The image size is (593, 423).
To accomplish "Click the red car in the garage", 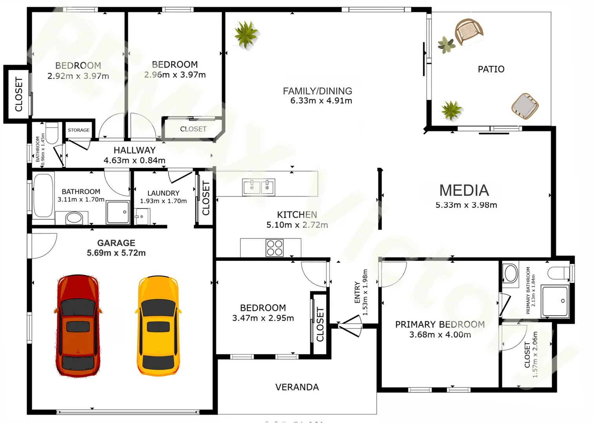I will tap(78, 326).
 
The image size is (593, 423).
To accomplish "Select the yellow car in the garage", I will tap(158, 326).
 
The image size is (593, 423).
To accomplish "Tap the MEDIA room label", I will tap(464, 190).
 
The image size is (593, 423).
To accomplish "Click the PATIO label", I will tap(491, 69).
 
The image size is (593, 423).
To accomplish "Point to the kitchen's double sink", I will tap(259, 187).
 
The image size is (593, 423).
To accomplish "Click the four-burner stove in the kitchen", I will tap(275, 248).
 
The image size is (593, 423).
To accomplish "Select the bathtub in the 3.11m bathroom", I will tap(43, 195).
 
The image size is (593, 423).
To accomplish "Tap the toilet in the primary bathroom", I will tap(558, 273).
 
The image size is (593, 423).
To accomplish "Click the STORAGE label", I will tap(79, 130).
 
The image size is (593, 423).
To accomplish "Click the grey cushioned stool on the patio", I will tap(525, 105).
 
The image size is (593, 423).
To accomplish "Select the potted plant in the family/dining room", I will tap(246, 34).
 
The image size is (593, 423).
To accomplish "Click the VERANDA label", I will tap(297, 387).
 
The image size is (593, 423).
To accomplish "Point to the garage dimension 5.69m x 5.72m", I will tap(116, 253).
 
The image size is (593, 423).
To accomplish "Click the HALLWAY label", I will tap(135, 150).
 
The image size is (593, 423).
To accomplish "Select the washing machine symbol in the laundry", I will tap(142, 217).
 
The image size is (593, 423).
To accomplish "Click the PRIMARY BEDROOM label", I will tap(440, 324).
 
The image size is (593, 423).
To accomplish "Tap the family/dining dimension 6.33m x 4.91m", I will tap(321, 101).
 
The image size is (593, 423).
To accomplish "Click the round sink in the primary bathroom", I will tap(511, 273).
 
